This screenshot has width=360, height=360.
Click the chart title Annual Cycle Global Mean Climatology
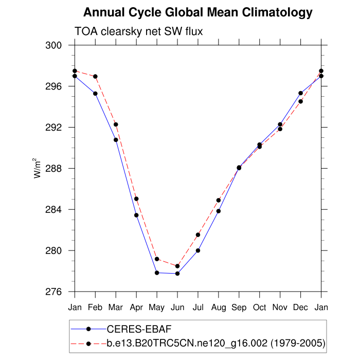[x=197, y=12]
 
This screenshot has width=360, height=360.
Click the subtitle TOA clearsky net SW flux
[x=139, y=32]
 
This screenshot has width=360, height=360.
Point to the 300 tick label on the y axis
[x=55, y=45]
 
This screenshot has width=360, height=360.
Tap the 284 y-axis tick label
[x=55, y=210]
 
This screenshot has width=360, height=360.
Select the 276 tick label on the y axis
[x=55, y=292]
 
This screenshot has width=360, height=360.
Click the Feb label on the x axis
[x=95, y=308]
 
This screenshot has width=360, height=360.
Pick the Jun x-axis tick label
[x=177, y=308]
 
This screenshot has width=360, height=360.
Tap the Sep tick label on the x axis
[x=239, y=308]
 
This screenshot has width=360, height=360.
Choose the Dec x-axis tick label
[x=301, y=308]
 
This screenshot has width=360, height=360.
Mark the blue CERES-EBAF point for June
[x=177, y=274]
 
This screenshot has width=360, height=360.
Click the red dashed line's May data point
[x=157, y=259]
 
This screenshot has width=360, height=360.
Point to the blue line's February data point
[x=95, y=94]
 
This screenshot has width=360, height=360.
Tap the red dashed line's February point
[x=95, y=77]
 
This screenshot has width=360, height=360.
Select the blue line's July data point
[x=198, y=250]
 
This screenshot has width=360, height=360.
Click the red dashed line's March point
[x=116, y=124]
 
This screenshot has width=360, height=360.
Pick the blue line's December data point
[x=301, y=93]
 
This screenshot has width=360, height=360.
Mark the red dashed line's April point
[x=136, y=199]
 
